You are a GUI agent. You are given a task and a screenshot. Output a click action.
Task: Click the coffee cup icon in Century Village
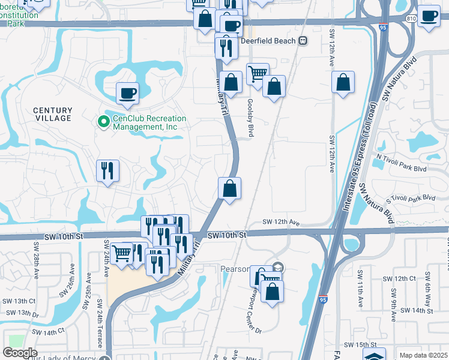coord(127,93)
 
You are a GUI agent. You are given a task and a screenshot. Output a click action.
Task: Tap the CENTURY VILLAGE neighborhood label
coord(53,114)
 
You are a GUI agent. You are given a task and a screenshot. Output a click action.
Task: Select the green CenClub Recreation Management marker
coord(103,122)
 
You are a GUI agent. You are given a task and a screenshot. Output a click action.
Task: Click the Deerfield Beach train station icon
coord(303,41)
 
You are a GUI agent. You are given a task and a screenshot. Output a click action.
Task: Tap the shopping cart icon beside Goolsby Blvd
coord(258,74)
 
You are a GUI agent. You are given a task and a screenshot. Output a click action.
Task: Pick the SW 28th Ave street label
coord(37,260)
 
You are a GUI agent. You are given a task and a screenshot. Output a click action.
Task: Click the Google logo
coord(20,353)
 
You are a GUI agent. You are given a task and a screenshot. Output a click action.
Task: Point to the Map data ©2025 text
coord(423,355)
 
